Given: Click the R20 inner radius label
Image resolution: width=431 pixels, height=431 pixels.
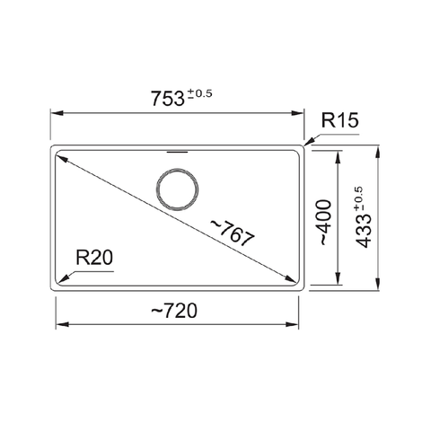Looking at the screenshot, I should click(93, 259).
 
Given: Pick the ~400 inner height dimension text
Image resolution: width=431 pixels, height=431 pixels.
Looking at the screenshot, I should click(322, 224).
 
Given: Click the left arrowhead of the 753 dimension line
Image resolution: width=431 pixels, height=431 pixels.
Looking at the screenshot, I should click(54, 113).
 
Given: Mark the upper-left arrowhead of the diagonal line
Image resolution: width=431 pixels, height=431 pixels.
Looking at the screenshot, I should click(62, 155).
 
